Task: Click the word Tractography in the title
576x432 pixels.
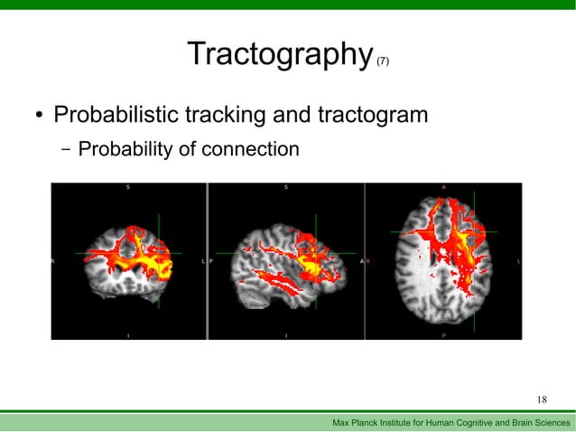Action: (x=280, y=55)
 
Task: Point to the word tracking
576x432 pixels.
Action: (x=232, y=117)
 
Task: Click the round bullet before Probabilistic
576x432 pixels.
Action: (x=39, y=117)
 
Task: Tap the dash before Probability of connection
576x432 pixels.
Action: (x=66, y=148)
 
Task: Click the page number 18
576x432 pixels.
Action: (x=543, y=399)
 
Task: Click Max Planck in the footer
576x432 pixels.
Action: (x=359, y=423)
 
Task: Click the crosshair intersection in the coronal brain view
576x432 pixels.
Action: (x=156, y=252)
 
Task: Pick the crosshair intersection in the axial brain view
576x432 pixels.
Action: (x=471, y=232)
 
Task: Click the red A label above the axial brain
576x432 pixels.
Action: (x=443, y=187)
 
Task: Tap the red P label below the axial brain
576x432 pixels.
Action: (x=443, y=334)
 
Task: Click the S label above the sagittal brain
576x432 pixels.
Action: (x=286, y=187)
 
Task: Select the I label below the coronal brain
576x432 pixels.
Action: (x=128, y=334)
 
